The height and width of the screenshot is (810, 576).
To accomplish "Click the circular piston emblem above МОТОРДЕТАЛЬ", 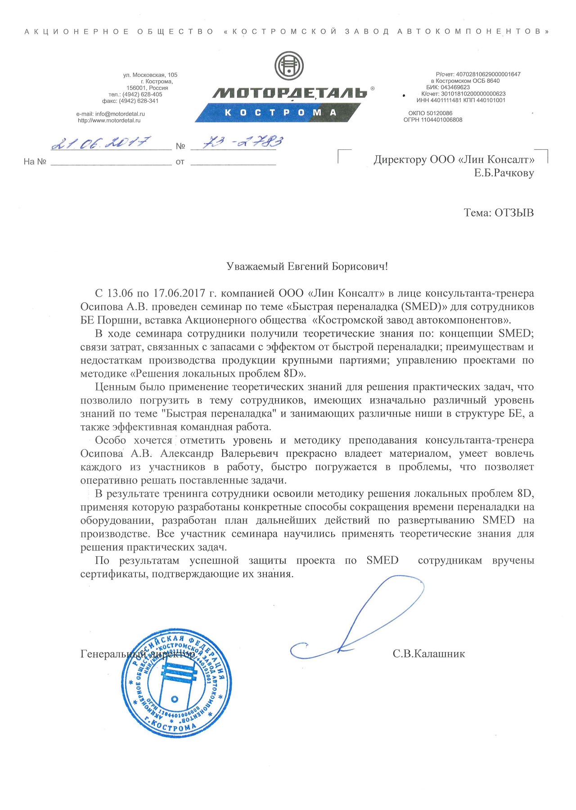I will point(289,66).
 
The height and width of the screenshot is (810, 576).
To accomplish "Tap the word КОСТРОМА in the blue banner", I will point(281,112).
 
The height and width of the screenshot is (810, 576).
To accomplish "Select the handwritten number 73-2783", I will point(243,142).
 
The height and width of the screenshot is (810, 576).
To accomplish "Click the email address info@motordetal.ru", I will point(110,114).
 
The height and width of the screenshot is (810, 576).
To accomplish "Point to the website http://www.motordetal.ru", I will point(109,121).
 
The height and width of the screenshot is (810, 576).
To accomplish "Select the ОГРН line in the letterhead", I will point(433,120).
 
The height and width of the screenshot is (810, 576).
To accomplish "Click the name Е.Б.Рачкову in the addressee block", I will point(504,173).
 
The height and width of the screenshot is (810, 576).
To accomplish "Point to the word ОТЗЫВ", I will point(514,213).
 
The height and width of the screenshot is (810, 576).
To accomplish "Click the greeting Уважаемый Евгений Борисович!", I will point(307,267).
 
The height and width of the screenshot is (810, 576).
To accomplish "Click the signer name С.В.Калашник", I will point(428,654).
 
